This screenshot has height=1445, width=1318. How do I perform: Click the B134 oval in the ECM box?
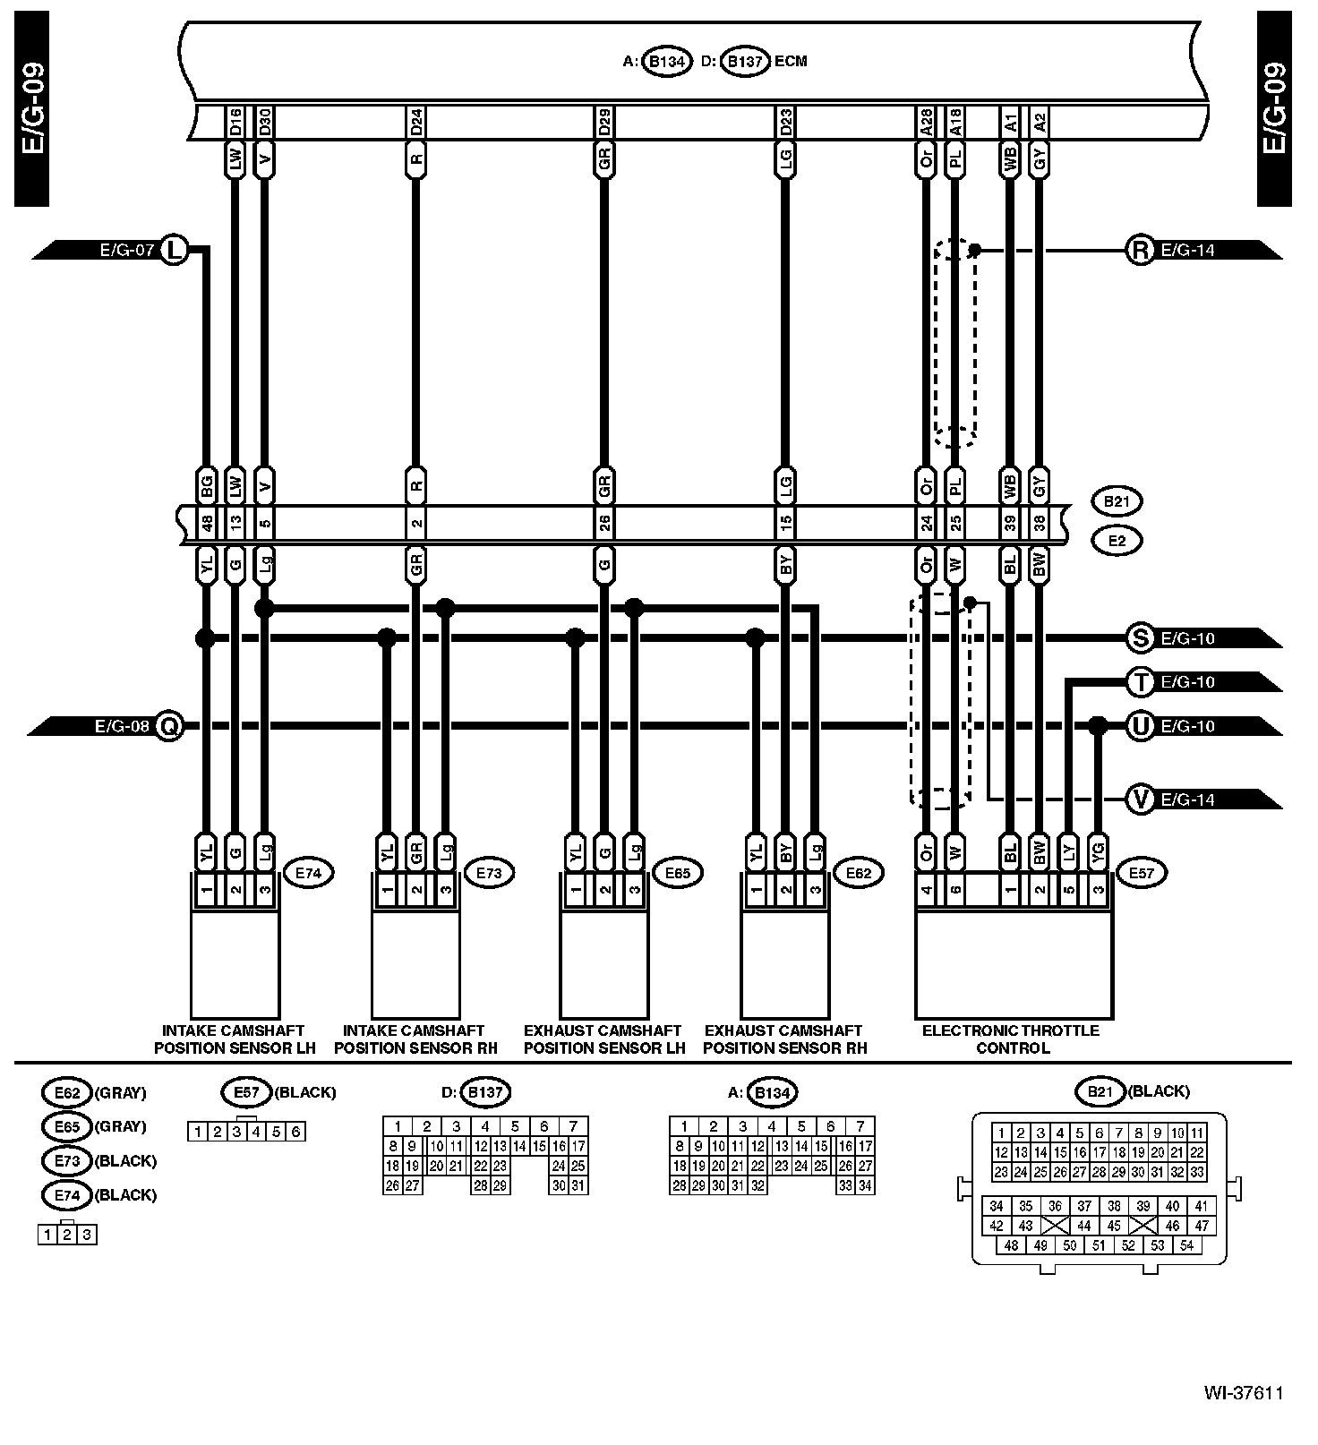click(666, 62)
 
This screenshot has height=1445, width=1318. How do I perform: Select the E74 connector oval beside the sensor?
click(307, 872)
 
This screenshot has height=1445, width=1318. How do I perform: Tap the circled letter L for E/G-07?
click(174, 250)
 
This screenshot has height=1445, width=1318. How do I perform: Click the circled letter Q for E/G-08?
click(168, 726)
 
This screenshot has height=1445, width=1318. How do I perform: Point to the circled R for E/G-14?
click(1140, 250)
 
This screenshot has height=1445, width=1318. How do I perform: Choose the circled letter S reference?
click(1140, 638)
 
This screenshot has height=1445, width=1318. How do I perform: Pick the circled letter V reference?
click(1140, 799)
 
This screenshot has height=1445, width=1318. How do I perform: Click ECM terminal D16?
click(235, 123)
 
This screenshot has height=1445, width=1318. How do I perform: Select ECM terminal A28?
click(926, 123)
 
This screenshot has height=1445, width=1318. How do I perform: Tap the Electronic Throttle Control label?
click(1012, 1039)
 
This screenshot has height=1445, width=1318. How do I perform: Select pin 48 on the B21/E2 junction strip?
click(207, 522)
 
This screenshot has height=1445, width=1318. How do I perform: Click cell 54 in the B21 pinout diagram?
click(1186, 1245)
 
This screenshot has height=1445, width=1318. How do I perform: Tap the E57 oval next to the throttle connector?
click(1142, 872)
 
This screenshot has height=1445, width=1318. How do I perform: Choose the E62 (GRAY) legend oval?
click(67, 1092)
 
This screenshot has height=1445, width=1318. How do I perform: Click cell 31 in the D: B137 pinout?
click(578, 1186)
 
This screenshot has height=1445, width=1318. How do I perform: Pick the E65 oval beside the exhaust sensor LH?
click(677, 872)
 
